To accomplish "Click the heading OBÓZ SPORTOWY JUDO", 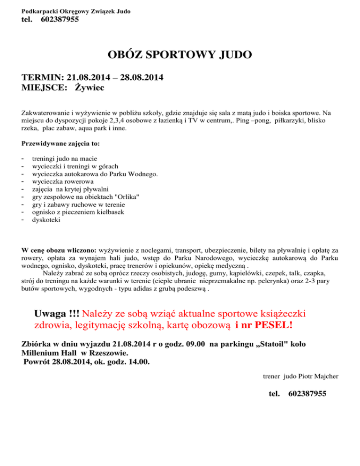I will [180, 55].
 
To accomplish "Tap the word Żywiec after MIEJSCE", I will [90, 87].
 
